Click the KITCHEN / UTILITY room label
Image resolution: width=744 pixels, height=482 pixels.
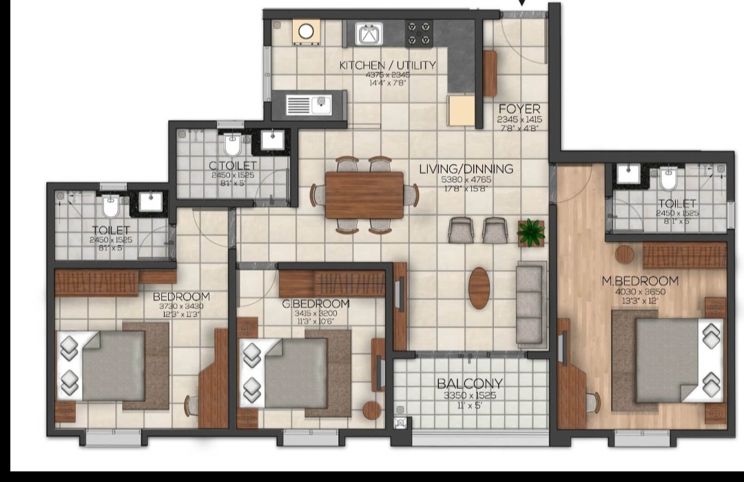pyautogui.click(x=388, y=66)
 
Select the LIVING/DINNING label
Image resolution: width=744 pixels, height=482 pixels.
pyautogui.click(x=467, y=169)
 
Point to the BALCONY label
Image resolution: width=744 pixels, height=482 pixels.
pyautogui.click(x=469, y=384)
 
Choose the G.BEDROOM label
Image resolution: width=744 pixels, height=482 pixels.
pyautogui.click(x=316, y=304)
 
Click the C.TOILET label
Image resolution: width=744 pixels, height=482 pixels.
pyautogui.click(x=233, y=165)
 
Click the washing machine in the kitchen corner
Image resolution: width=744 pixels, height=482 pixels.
pyautogui.click(x=304, y=32)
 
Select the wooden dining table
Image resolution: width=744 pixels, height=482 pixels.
pyautogui.click(x=364, y=195)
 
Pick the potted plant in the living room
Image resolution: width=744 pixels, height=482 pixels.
pyautogui.click(x=531, y=232)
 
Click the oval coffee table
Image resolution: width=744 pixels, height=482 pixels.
pyautogui.click(x=479, y=287)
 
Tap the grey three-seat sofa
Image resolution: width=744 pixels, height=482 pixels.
pyautogui.click(x=529, y=303)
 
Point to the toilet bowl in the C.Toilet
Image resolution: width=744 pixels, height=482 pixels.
pyautogui.click(x=231, y=145)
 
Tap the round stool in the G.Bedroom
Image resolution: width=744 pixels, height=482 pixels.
pyautogui.click(x=372, y=410)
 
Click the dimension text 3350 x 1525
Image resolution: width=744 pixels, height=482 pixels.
pyautogui.click(x=469, y=396)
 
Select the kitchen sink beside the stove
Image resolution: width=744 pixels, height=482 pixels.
pyautogui.click(x=369, y=32)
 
